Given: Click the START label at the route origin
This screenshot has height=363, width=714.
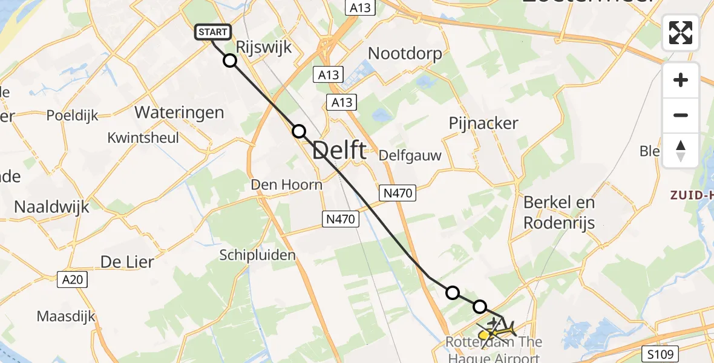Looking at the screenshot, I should point(213,32).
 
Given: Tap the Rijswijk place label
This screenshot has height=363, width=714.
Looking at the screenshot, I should point(264,48).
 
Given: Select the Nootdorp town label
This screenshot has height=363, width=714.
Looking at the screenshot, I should point(405,53).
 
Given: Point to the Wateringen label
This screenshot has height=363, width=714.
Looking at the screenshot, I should point(179,112).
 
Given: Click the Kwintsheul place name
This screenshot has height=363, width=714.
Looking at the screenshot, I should point(143,137).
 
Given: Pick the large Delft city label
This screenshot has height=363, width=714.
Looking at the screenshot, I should point(339,151).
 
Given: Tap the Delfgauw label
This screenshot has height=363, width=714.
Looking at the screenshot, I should point(410,155).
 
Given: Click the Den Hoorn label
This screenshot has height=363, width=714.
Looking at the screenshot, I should point(287,185).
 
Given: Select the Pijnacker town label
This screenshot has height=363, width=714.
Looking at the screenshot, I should point(483,123).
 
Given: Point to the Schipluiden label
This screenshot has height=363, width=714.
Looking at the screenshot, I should point(258,255).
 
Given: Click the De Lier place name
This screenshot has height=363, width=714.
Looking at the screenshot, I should point(127,262).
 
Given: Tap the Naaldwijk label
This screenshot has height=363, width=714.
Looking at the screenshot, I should point(51,207).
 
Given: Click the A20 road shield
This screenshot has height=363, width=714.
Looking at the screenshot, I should point(74,280).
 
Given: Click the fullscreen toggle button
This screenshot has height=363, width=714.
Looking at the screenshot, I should point(681,33).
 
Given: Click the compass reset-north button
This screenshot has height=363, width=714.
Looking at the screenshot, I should point(681,150).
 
